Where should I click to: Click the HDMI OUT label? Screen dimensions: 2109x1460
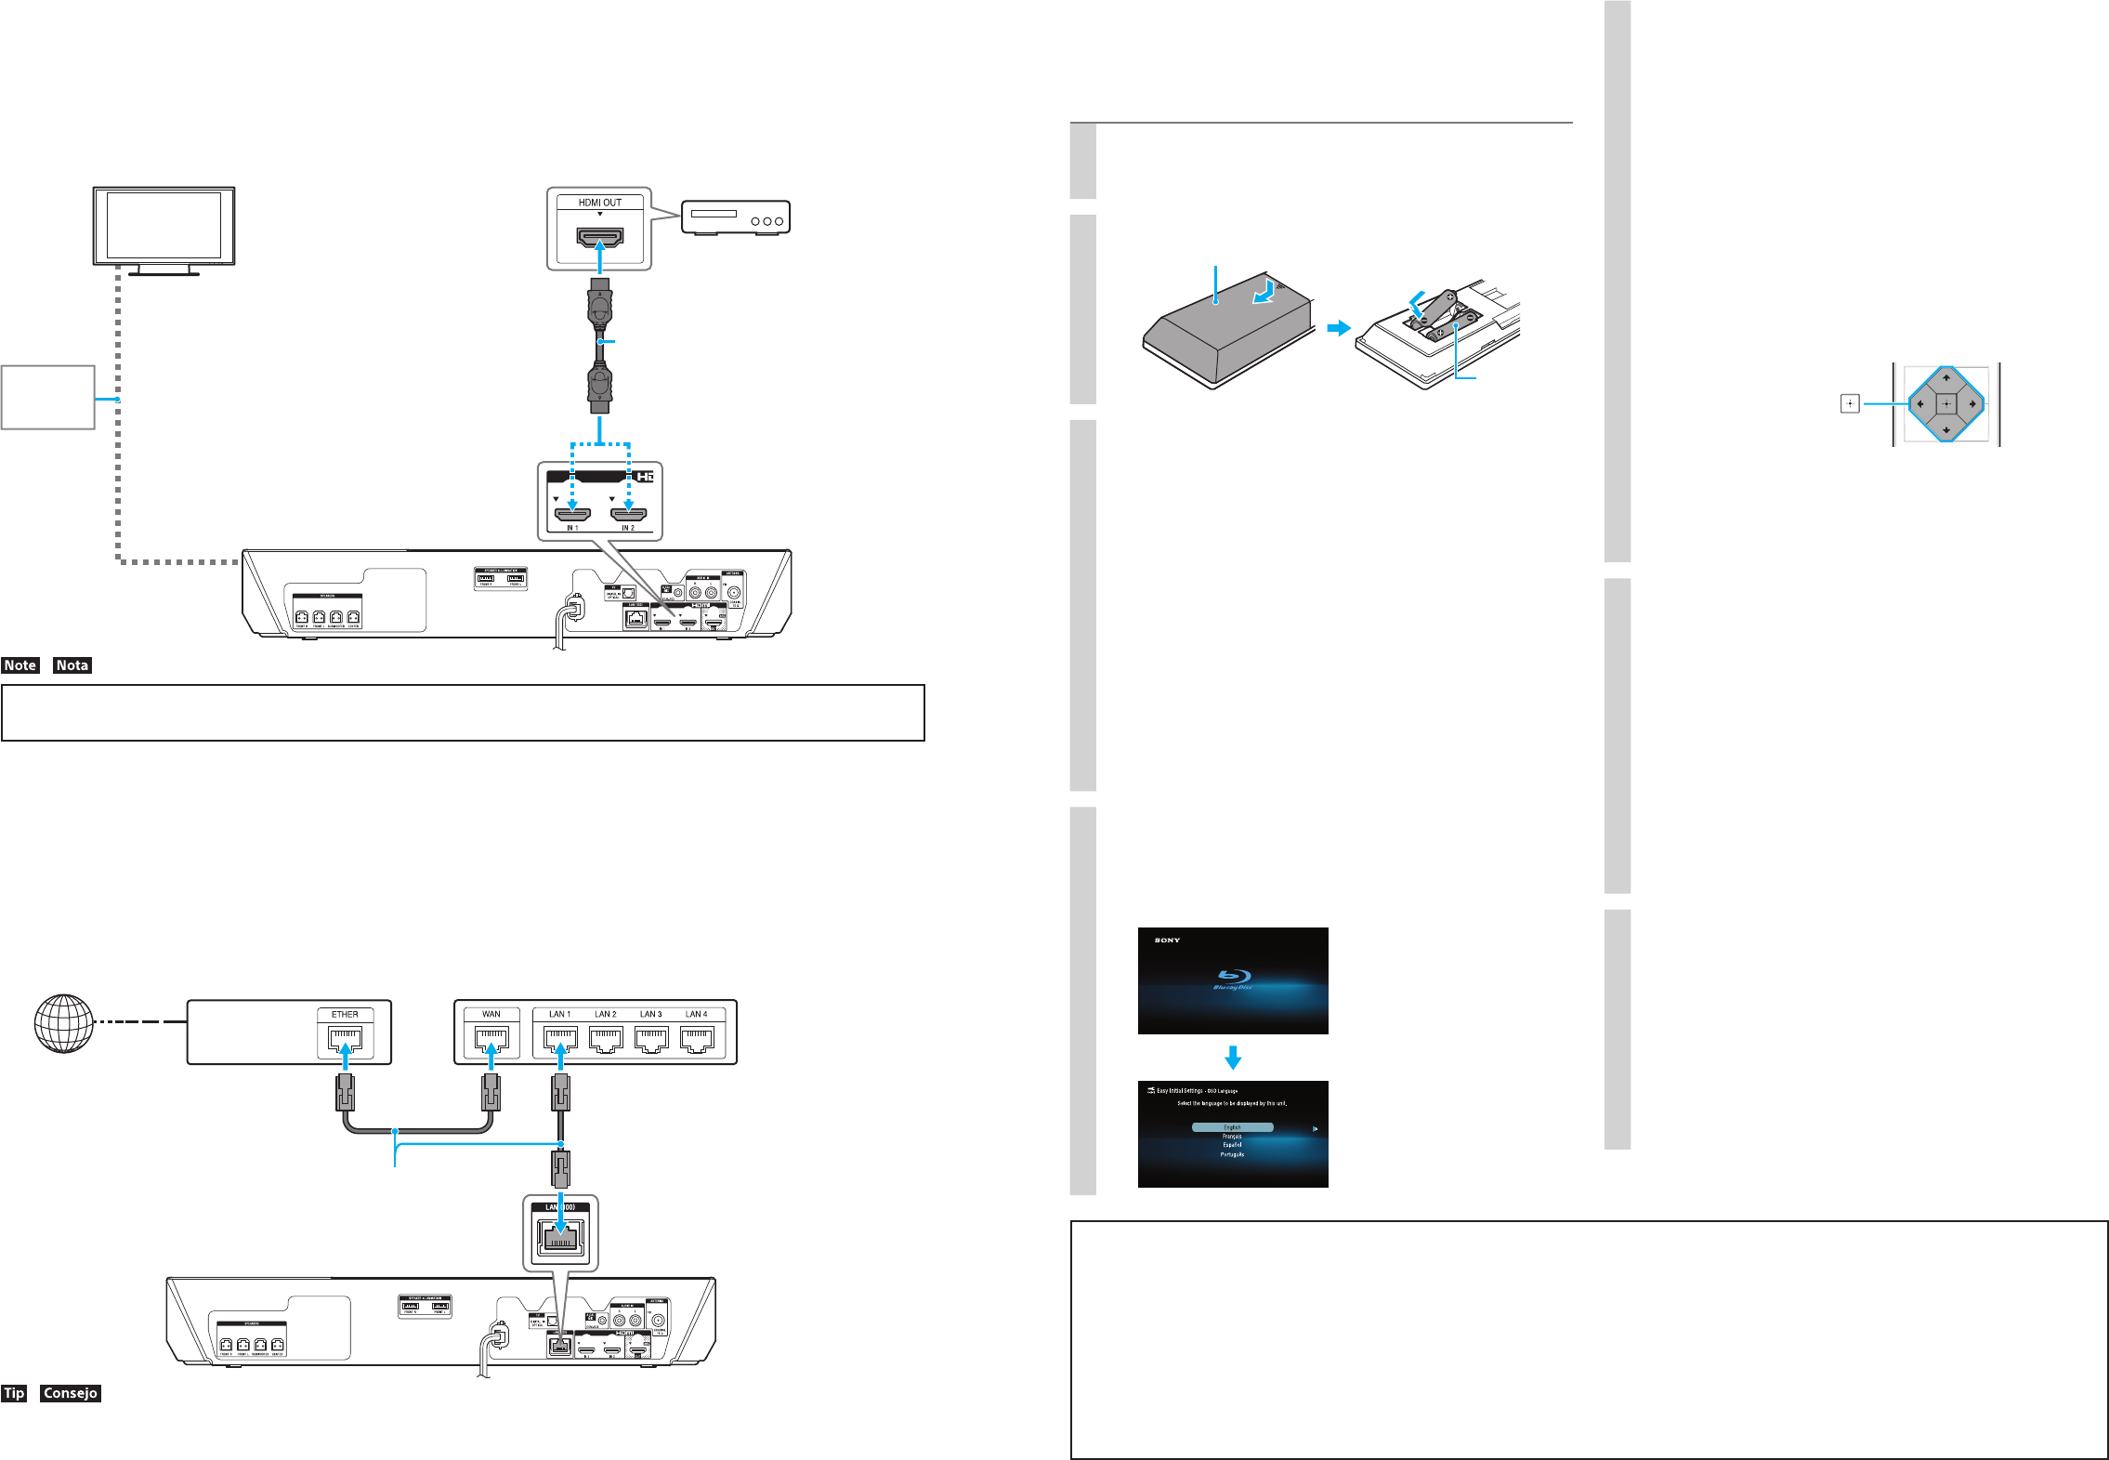(x=599, y=203)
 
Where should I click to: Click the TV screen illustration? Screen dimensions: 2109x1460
(x=164, y=226)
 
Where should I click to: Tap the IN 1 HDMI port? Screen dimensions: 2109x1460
(x=572, y=514)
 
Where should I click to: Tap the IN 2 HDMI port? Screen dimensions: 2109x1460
(x=628, y=514)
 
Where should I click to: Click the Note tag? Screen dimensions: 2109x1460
(x=20, y=665)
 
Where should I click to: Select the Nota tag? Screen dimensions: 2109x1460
(x=72, y=665)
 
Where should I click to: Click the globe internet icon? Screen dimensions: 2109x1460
(x=63, y=1023)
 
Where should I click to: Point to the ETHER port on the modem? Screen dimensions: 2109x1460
(x=345, y=1038)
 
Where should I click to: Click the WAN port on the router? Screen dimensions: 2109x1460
(x=491, y=1038)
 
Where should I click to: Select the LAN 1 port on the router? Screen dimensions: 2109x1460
(x=559, y=1038)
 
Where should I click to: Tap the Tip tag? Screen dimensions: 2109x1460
(x=14, y=1393)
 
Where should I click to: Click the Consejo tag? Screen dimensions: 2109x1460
(x=70, y=1393)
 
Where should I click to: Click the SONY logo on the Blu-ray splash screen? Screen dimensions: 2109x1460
(x=1167, y=940)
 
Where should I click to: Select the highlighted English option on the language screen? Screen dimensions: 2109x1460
(x=1232, y=1127)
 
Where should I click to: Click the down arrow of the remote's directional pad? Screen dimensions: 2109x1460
(x=1945, y=430)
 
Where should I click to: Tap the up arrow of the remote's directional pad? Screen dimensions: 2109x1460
(x=1945, y=378)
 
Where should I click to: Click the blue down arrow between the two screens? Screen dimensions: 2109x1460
(x=1233, y=1058)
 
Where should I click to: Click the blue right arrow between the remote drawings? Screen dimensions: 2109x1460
(x=1338, y=328)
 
